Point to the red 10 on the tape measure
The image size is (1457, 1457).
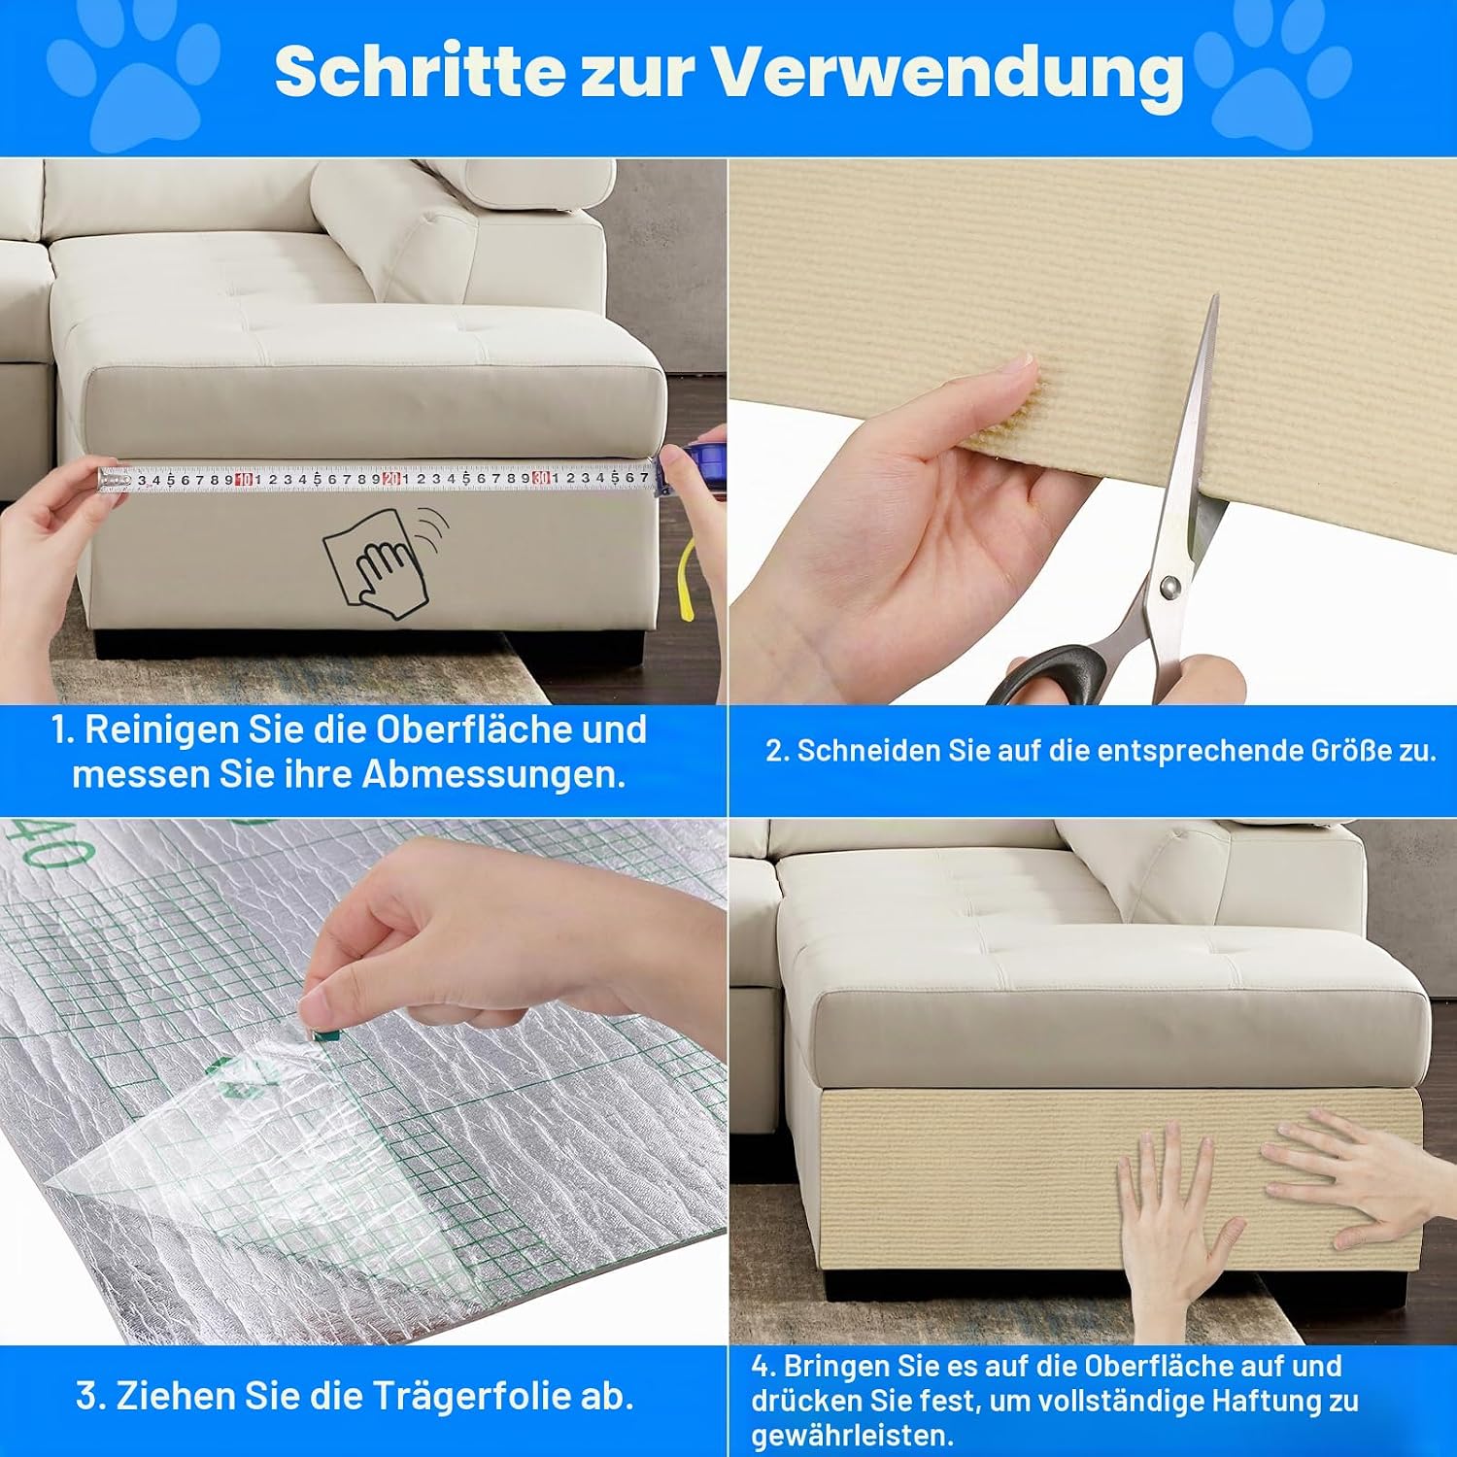coord(244,479)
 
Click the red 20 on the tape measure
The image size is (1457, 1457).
coord(392,478)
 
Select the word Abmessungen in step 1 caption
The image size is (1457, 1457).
coord(493,775)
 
